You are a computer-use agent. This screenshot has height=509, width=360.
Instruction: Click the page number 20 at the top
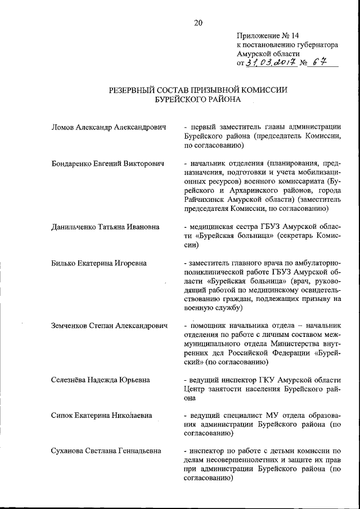[x=197, y=23]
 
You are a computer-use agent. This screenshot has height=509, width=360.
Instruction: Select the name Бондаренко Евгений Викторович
[x=107, y=164]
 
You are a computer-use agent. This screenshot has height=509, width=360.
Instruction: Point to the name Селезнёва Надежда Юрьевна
[x=100, y=380]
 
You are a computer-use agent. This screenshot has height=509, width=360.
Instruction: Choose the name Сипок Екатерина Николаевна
[x=101, y=416]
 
